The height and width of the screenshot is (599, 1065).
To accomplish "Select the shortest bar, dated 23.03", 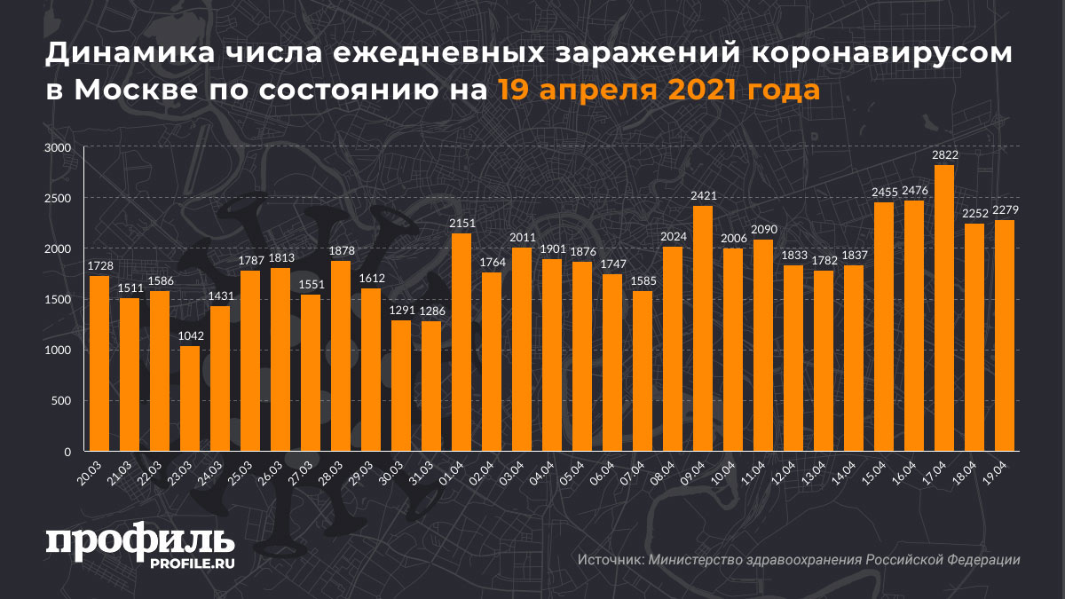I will click(x=190, y=398).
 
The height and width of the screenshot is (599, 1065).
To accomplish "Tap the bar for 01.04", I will click(x=461, y=342).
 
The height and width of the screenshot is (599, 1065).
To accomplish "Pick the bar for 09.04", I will click(x=703, y=328).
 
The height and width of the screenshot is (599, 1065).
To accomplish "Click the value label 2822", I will click(x=944, y=154).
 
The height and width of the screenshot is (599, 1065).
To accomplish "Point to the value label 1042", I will click(x=190, y=335).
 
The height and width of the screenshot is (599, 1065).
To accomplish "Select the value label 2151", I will click(x=461, y=223).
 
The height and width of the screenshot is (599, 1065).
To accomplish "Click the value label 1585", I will click(x=643, y=280).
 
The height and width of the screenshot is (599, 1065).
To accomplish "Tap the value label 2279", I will click(x=1005, y=209).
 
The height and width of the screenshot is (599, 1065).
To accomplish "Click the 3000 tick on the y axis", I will click(x=58, y=148).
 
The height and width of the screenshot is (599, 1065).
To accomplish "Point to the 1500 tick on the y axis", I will click(x=58, y=300).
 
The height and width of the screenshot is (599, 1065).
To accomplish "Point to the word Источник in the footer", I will click(x=610, y=560).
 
